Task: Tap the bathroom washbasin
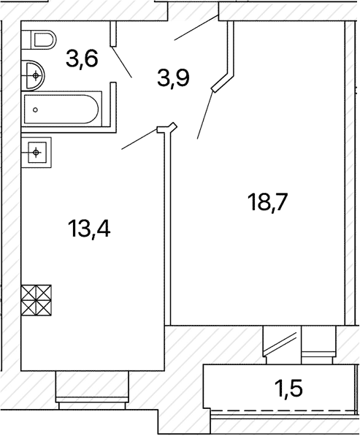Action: click(x=33, y=75)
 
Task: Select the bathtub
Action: click(x=61, y=110)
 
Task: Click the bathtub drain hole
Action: click(x=35, y=110)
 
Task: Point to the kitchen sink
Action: click(x=37, y=153)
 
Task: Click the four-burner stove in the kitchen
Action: click(x=37, y=300)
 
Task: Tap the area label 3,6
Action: click(x=82, y=60)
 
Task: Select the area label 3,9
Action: click(x=173, y=77)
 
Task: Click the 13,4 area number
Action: click(x=89, y=229)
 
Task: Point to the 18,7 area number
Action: click(x=268, y=202)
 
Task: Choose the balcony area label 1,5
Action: click(x=288, y=388)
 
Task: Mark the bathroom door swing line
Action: click(x=121, y=61)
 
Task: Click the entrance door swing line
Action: click(x=196, y=28)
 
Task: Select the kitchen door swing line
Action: click(x=139, y=139)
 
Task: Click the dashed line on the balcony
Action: click(x=283, y=410)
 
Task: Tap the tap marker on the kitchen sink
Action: click(x=36, y=153)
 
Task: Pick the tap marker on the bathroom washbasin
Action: click(x=36, y=75)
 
